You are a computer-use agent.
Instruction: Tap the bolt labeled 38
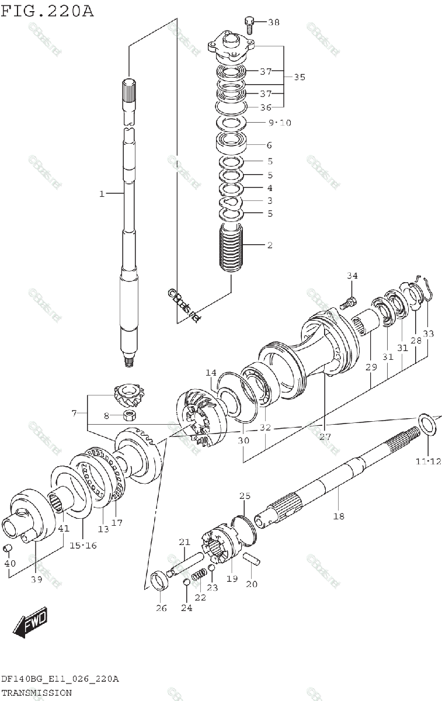[x=250, y=23]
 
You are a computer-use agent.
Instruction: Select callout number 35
[x=299, y=77]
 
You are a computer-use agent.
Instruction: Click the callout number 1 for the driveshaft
[x=102, y=193]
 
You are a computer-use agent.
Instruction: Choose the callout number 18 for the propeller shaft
[x=339, y=516]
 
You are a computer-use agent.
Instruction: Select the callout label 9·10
[x=279, y=123]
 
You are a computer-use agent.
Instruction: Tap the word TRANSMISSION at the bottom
[x=36, y=693]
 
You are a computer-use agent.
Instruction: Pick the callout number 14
[x=210, y=372]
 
